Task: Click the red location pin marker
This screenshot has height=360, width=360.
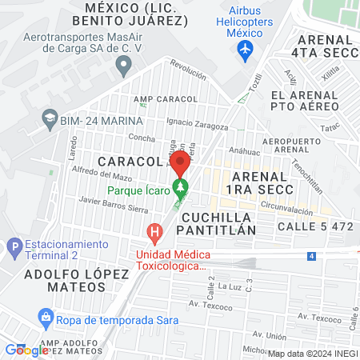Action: click(180, 166)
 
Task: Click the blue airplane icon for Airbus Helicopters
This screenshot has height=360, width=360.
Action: click(245, 50)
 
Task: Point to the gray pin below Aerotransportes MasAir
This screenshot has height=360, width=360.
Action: click(122, 66)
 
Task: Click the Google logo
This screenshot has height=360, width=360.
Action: click(26, 350)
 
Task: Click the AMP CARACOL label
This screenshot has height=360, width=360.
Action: click(166, 98)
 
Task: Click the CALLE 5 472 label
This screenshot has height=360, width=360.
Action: click(315, 226)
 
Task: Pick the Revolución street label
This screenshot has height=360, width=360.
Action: click(189, 73)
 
